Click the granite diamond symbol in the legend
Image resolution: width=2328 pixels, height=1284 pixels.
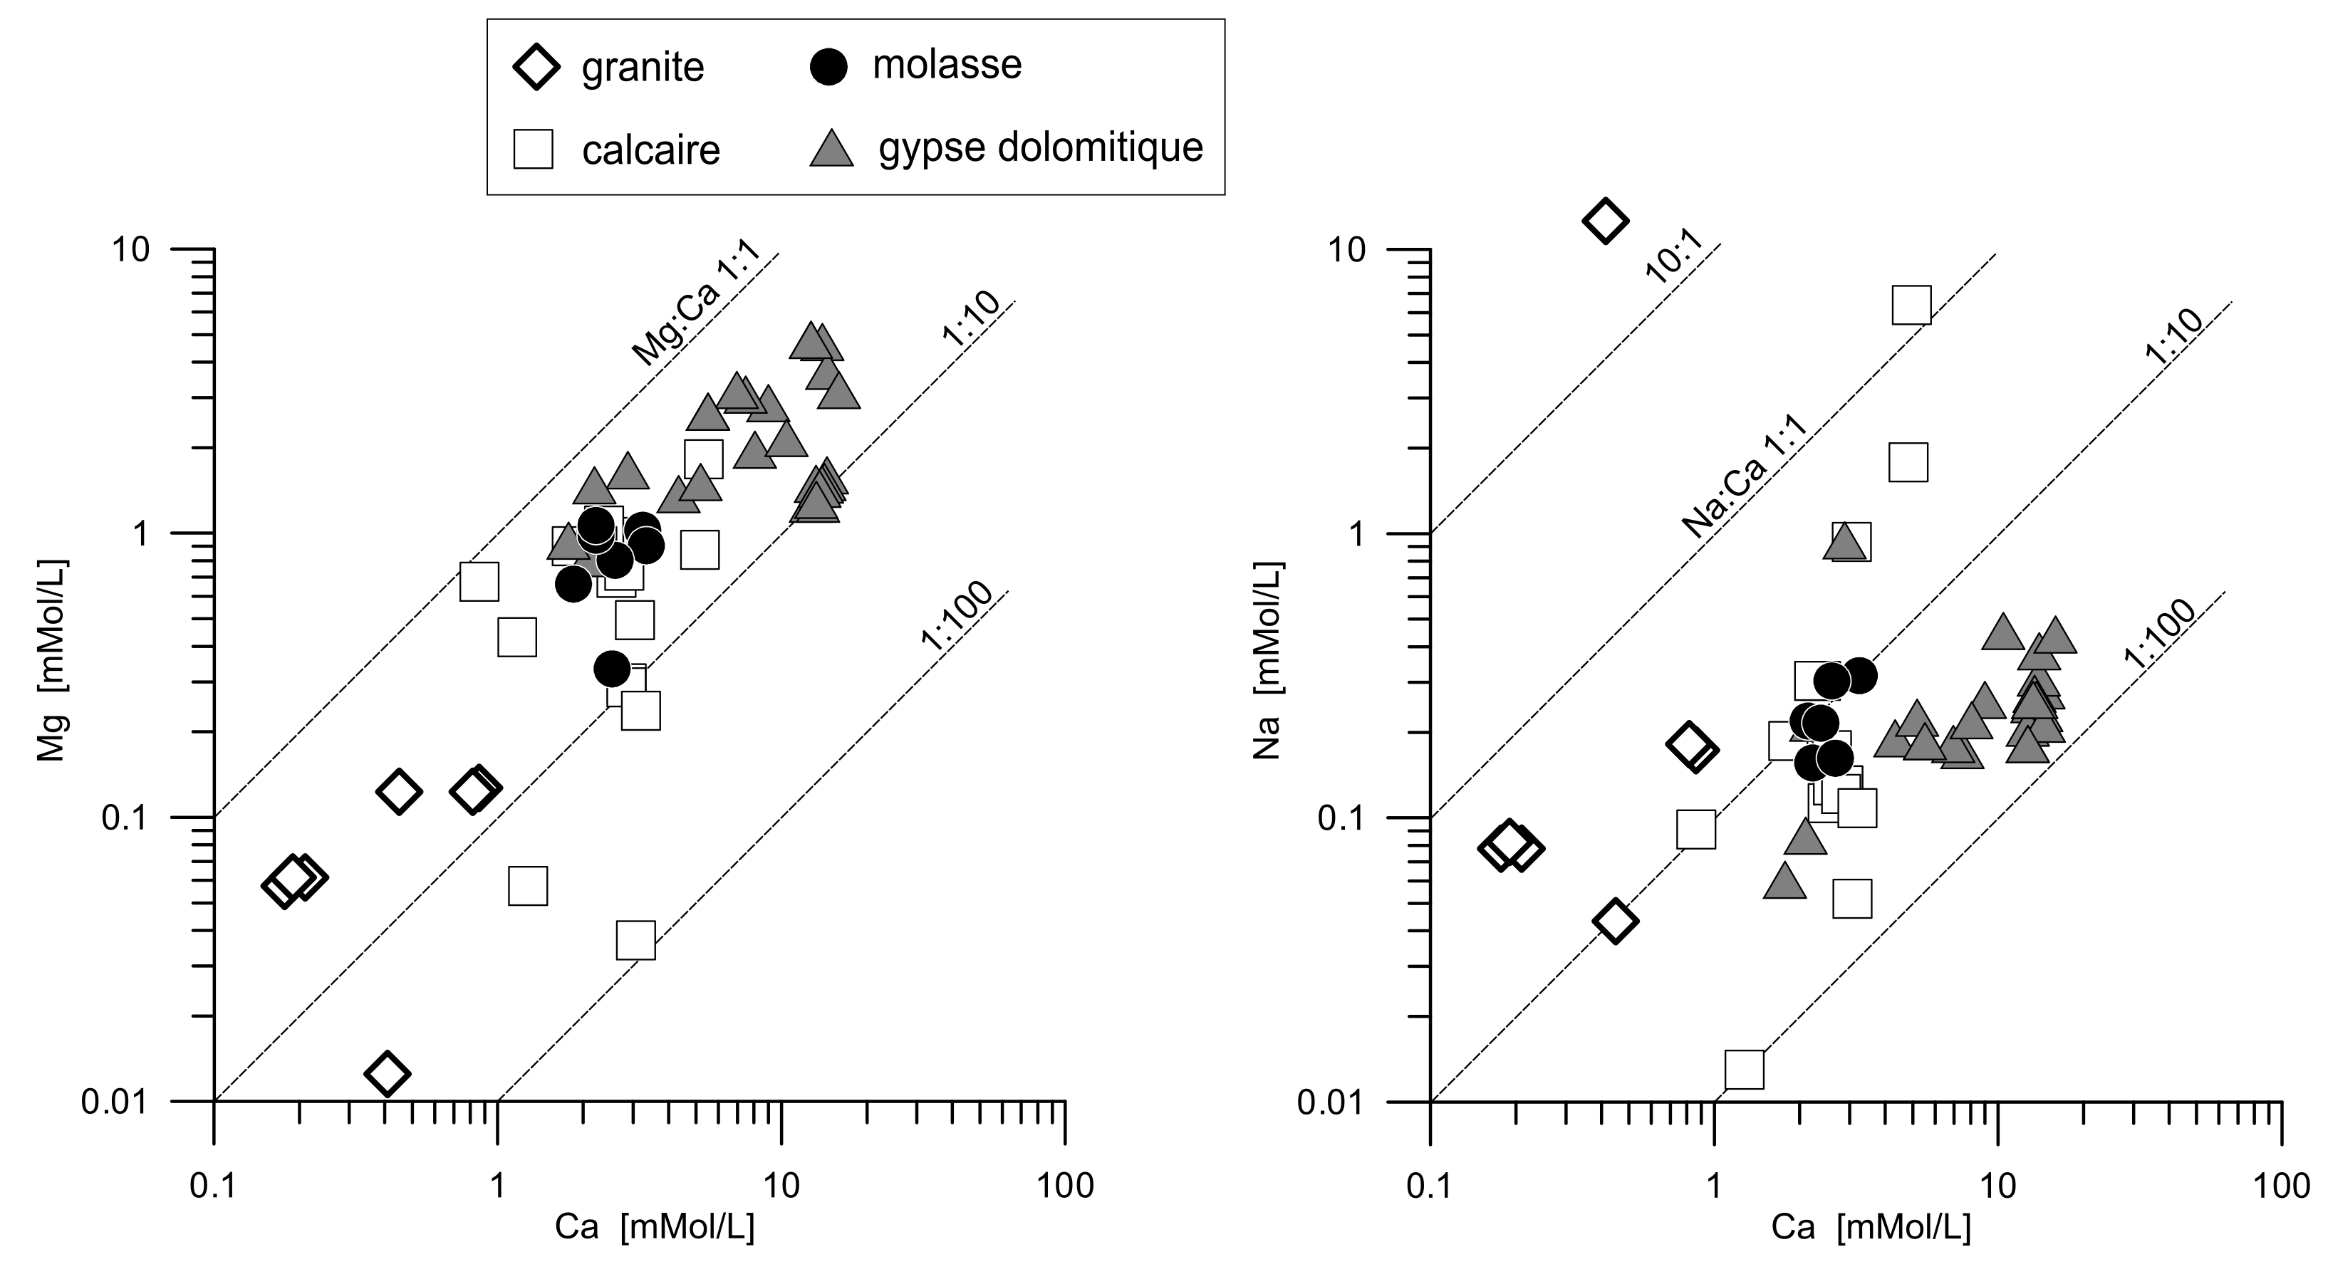[536, 66]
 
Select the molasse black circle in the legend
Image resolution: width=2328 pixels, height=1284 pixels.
[828, 66]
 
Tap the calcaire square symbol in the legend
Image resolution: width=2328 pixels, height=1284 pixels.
[533, 149]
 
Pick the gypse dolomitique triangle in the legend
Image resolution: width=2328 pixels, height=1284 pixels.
[831, 147]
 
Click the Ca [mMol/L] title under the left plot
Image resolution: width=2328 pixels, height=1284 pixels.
[654, 1227]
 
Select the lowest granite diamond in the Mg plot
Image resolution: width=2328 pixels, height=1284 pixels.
[388, 1072]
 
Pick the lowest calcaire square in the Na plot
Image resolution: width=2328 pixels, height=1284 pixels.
[1744, 1070]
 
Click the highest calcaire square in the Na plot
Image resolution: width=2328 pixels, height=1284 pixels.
[1911, 305]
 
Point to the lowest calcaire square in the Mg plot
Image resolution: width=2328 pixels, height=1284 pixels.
[635, 941]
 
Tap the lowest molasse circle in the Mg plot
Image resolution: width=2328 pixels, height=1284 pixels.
[612, 669]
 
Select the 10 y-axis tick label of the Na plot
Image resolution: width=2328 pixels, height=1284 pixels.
[1346, 249]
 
